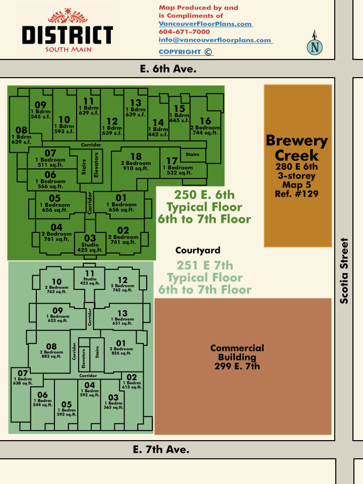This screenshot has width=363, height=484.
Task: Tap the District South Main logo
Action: click(67, 30)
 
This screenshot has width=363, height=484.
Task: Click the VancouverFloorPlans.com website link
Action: click(206, 24)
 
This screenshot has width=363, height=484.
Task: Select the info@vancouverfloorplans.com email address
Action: click(215, 40)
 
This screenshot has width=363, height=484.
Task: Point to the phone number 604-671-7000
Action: click(185, 32)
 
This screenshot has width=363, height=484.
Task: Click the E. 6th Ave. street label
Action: click(168, 69)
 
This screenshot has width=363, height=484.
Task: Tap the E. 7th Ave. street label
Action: click(161, 449)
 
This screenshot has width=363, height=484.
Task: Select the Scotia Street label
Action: click(344, 271)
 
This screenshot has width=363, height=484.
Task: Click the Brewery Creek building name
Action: click(296, 148)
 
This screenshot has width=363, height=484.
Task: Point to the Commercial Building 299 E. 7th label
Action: click(237, 357)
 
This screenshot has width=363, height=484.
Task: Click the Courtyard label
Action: click(198, 250)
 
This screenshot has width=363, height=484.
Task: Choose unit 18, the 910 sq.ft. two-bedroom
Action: click(136, 162)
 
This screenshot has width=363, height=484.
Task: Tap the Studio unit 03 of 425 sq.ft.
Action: click(90, 244)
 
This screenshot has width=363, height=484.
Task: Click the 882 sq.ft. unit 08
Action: click(51, 350)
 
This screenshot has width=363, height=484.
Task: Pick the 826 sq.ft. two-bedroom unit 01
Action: click(121, 347)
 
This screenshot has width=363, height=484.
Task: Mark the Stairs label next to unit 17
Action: click(192, 154)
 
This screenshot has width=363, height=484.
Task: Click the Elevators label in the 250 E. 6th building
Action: click(96, 164)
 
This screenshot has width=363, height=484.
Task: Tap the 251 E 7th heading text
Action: click(205, 266)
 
